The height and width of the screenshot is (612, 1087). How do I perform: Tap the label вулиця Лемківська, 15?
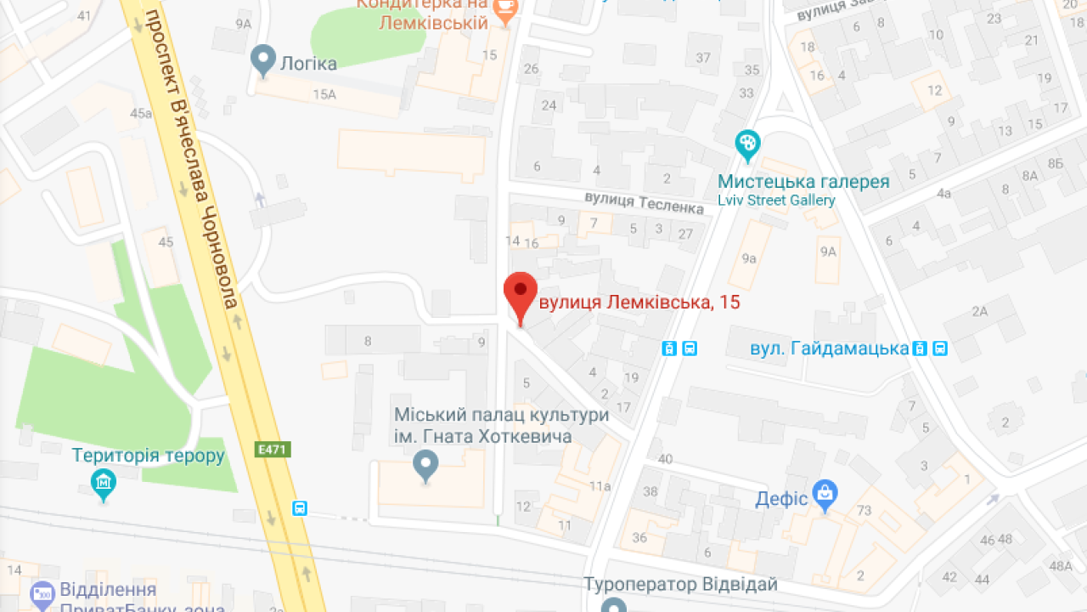click(639, 303)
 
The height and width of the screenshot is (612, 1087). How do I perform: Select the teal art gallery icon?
click(747, 146)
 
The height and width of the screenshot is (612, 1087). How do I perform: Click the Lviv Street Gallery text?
click(776, 201)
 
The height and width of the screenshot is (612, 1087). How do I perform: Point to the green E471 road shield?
click(272, 448)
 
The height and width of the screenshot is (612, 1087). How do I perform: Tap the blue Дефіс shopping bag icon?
click(824, 493)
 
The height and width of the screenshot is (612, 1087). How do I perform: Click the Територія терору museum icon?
click(104, 484)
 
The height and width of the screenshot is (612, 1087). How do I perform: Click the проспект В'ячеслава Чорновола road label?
click(196, 161)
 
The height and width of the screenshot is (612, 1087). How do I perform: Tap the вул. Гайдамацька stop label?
click(829, 348)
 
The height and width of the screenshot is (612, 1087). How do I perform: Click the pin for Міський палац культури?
click(425, 465)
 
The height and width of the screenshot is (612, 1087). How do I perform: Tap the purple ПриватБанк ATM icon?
click(42, 593)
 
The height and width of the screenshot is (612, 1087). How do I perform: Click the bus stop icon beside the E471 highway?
click(299, 508)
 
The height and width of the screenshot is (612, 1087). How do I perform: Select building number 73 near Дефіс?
click(865, 510)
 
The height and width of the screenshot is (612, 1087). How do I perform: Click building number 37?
click(703, 58)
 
